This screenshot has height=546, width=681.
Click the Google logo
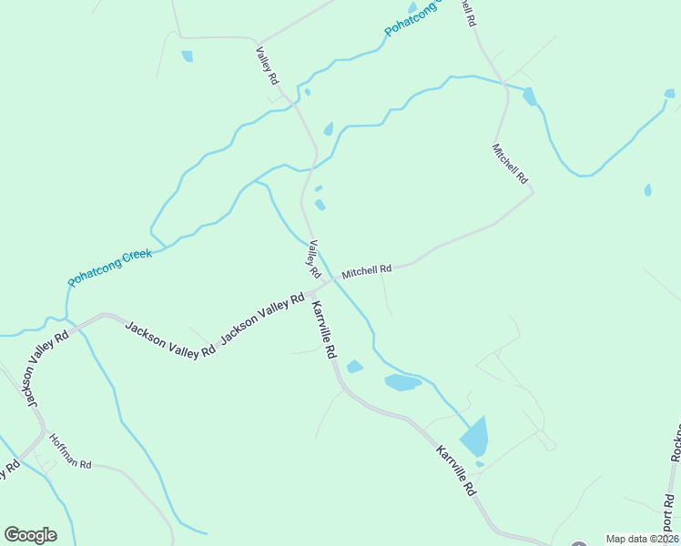point(30,535)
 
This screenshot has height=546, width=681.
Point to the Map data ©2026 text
point(642,539)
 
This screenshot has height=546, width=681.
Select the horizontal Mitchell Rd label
point(366,269)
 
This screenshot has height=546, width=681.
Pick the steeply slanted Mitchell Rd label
point(510,164)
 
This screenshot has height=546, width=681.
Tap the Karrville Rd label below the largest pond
point(455,470)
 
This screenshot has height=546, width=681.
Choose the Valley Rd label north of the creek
point(267,67)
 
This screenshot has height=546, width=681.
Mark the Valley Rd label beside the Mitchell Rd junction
point(314,259)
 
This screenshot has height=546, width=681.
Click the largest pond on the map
point(474,436)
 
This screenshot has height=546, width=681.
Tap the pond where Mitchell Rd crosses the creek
point(529,96)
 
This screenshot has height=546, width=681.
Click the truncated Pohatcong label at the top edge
point(412,18)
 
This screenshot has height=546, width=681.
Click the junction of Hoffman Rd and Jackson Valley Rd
point(40,432)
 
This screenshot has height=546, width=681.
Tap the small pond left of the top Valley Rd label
point(187,56)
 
